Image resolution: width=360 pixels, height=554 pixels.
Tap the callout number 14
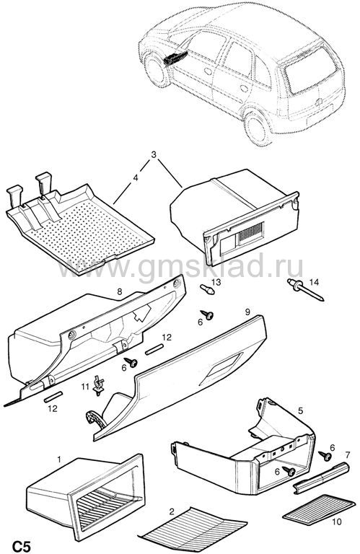(314, 282)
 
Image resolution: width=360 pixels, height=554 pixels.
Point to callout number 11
(85, 387)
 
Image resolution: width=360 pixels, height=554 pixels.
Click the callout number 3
(154, 154)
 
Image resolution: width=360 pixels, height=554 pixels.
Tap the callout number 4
(136, 178)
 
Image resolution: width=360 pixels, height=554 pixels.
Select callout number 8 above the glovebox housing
(120, 291)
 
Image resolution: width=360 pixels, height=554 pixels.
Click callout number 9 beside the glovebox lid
(247, 312)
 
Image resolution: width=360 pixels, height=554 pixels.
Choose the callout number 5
(300, 410)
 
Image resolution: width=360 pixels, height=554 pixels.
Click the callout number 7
(347, 454)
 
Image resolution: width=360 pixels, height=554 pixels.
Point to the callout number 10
(337, 522)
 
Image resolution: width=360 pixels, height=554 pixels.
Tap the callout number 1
(59, 460)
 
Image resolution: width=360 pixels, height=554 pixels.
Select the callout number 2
(172, 511)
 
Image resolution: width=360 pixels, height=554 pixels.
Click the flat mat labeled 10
(319, 509)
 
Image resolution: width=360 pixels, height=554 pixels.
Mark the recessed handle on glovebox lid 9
(221, 368)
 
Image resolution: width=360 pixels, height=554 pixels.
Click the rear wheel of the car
(258, 128)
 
